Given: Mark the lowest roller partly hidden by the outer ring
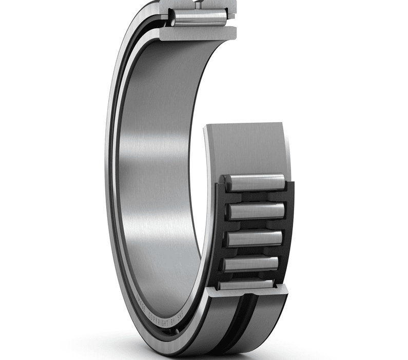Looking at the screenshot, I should click(x=246, y=284).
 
